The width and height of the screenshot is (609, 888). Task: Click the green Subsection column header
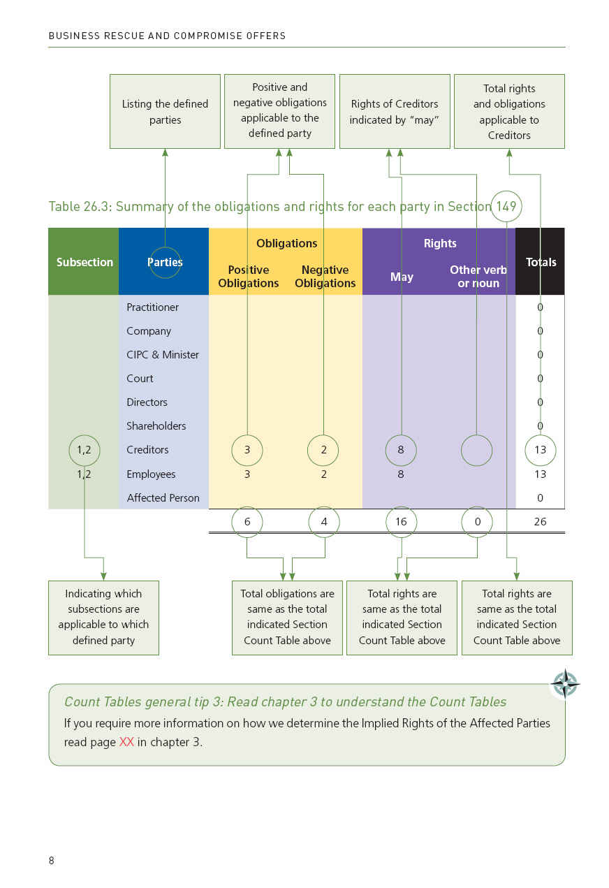(85, 262)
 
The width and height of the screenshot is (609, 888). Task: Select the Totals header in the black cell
(541, 262)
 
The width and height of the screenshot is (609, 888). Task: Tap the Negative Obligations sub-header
(325, 276)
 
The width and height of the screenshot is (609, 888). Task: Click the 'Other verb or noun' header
(478, 276)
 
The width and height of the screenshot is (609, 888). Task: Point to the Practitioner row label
(152, 307)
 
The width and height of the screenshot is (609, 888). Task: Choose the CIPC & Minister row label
(163, 354)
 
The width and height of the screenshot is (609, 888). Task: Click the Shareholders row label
(156, 425)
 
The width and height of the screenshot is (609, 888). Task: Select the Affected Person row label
(163, 497)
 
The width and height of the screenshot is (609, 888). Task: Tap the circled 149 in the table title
(506, 206)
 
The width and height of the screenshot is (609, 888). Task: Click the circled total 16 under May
(401, 522)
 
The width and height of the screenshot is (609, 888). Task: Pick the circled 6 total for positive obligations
(247, 522)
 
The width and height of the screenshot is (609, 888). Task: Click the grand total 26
(540, 522)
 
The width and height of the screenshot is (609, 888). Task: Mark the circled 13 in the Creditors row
(541, 450)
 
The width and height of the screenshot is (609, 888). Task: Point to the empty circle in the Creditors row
(477, 435)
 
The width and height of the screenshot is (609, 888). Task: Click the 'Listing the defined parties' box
(166, 111)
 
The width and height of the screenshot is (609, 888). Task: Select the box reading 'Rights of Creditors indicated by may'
(395, 111)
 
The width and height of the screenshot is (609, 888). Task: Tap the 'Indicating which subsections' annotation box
(103, 618)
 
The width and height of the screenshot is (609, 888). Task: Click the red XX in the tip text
(126, 742)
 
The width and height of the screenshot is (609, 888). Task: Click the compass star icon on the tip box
(566, 684)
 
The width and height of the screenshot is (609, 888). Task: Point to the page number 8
(52, 860)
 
